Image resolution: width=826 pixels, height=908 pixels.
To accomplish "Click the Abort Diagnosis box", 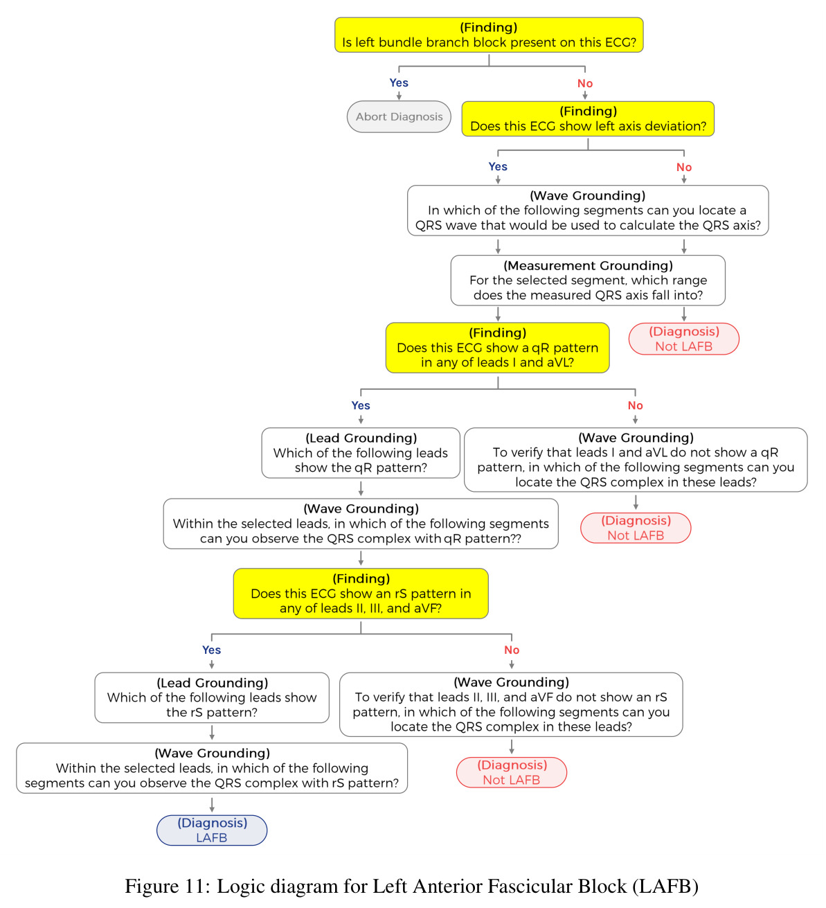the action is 398,116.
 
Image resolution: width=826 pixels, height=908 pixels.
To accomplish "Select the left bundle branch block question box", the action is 488,35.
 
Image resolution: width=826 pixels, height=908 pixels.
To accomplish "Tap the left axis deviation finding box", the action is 588,118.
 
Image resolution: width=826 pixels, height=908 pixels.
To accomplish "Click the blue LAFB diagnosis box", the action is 211,830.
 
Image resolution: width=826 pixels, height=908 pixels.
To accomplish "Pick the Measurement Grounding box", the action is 588,281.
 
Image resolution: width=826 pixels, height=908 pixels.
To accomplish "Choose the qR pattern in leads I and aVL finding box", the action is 497,347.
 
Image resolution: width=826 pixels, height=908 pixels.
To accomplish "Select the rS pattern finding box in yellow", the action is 360,593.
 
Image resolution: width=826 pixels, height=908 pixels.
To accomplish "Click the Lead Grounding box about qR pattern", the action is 360,452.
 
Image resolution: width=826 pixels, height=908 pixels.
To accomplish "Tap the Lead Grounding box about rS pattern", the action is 211,697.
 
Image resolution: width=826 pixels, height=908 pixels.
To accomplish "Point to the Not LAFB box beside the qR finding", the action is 683,339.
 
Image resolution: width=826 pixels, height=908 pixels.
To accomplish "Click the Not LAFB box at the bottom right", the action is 511,772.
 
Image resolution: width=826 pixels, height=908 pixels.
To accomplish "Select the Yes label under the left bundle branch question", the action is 398,83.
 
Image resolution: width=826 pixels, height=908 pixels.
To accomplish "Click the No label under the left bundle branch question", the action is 584,83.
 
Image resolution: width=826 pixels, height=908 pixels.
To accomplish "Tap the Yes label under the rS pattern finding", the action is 211,650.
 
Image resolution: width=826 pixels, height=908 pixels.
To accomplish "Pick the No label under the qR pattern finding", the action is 634,405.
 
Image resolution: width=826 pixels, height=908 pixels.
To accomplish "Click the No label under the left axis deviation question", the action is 683,167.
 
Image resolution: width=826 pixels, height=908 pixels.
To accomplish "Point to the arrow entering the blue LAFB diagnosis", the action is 211,804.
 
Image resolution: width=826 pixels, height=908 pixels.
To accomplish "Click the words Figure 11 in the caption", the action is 168,886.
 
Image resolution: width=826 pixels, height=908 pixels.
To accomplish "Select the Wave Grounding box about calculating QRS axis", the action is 588,210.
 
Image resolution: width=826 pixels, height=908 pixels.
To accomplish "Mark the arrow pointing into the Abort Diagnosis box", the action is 398,96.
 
